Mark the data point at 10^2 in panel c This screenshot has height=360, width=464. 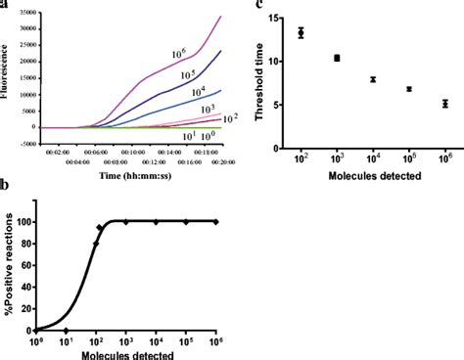coord(301,32)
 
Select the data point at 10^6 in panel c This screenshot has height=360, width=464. coord(444,104)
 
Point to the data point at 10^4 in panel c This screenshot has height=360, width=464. coord(373,79)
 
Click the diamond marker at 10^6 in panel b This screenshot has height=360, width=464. coord(216,222)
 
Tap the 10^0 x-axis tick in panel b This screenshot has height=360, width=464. coord(37,341)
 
